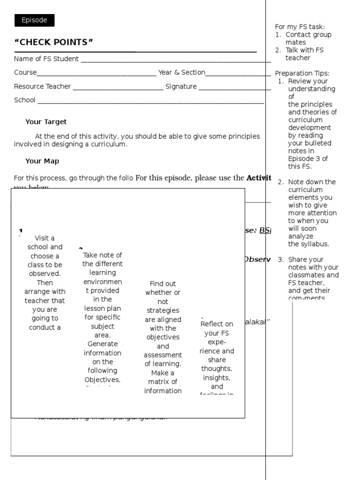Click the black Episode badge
pyautogui.click(x=34, y=20)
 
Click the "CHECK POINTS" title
pyautogui.click(x=53, y=43)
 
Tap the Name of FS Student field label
pyautogui.click(x=46, y=59)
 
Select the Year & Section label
pyautogui.click(x=181, y=72)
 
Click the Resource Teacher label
pyautogui.click(x=42, y=86)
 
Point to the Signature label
pyautogui.click(x=181, y=86)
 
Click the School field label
pyautogui.click(x=24, y=100)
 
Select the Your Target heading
pyautogui.click(x=46, y=122)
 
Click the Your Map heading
pyautogui.click(x=42, y=161)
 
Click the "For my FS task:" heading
pyautogui.click(x=300, y=27)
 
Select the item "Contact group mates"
pyautogui.click(x=308, y=38)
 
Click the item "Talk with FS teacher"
pyautogui.click(x=304, y=54)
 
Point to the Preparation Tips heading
pyautogui.click(x=302, y=73)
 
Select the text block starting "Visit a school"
pyautogui.click(x=45, y=283)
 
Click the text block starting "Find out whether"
pyautogui.click(x=163, y=337)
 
